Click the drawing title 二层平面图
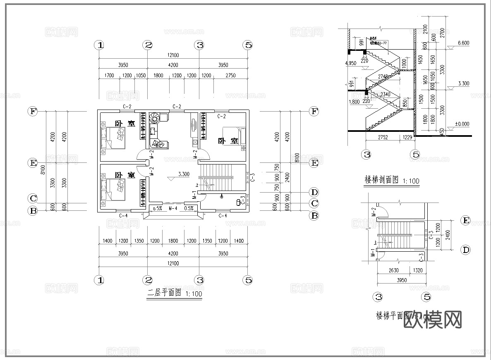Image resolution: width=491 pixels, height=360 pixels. coord(165,294)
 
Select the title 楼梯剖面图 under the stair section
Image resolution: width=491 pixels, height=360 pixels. coord(381,180)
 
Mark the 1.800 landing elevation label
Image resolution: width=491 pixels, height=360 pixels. coord(354,102)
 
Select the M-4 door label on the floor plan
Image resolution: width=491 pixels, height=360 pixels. coord(173,208)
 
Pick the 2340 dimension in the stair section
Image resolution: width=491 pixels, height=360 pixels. coord(385,95)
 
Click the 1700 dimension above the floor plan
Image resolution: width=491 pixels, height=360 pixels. coord(109,76)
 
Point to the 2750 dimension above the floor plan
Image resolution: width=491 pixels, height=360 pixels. coord(230,76)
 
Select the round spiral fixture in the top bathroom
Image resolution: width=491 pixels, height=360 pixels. coord(155,119)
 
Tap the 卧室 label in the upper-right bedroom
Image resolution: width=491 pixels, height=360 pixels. coord(229,141)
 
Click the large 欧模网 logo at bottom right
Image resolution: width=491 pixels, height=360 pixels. coord(432,319)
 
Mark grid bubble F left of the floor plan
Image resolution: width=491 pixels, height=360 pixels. coord(32,111)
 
